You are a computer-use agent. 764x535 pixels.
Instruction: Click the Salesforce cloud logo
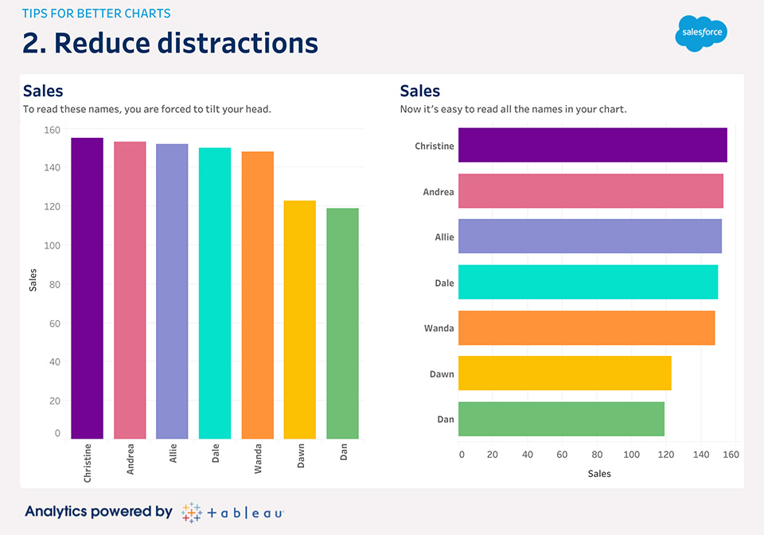(701, 33)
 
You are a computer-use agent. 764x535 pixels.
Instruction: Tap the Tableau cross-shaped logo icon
(191, 512)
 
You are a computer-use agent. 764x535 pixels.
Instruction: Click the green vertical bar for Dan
(342, 323)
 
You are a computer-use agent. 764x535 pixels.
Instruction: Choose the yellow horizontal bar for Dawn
(564, 373)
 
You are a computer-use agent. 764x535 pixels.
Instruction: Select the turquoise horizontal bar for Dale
(587, 283)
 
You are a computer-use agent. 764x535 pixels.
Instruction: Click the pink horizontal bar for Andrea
(591, 191)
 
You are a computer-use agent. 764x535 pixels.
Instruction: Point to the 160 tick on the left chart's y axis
(52, 129)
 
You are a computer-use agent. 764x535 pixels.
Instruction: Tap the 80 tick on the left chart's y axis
(54, 284)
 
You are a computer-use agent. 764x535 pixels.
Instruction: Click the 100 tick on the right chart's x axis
(631, 455)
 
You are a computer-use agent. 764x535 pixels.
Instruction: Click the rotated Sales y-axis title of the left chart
(33, 280)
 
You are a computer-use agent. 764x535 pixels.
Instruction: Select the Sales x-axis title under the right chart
(599, 474)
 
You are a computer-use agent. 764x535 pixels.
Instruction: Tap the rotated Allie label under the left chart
(173, 455)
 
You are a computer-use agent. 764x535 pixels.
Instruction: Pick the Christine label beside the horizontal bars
(435, 146)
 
